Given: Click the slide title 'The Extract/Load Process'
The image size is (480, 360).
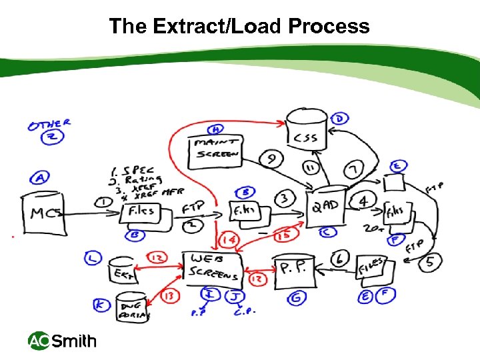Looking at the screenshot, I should (239, 26).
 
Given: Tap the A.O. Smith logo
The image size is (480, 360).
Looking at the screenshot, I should (62, 341).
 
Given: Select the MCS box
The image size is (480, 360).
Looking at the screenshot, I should (45, 213).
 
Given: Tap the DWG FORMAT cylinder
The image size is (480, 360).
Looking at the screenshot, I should (133, 307).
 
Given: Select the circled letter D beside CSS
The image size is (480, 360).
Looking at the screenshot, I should (340, 119).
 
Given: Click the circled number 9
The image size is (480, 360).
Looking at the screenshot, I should (271, 159).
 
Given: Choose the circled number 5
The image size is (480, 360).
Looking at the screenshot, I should (430, 262).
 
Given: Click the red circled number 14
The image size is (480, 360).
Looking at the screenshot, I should (228, 238).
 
